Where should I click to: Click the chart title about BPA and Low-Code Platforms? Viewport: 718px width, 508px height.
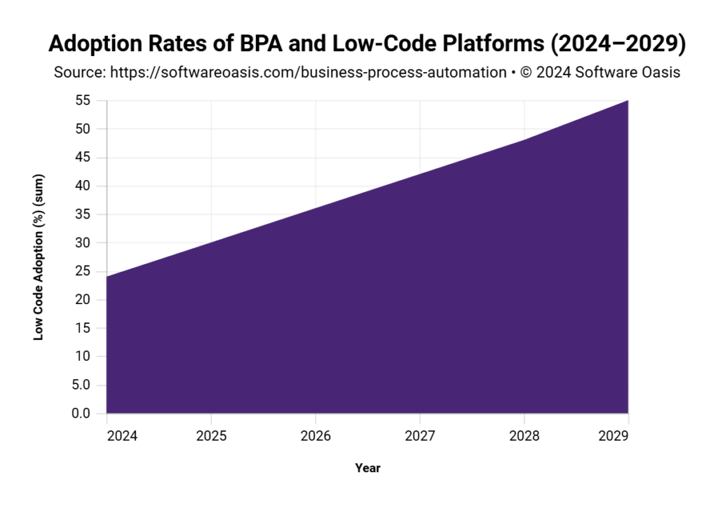[x=367, y=43]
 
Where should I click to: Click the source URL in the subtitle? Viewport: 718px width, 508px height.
[x=308, y=72]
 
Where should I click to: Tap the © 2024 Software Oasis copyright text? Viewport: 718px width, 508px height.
[x=600, y=72]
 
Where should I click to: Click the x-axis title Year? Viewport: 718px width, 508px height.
[x=367, y=467]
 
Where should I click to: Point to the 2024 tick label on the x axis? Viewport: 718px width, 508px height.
[x=107, y=436]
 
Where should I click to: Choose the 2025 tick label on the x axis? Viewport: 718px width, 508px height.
[x=211, y=436]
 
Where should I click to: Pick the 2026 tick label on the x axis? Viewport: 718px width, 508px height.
[x=316, y=436]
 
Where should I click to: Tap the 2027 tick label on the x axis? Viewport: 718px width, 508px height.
[x=420, y=436]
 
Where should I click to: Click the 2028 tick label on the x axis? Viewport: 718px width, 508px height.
[x=524, y=436]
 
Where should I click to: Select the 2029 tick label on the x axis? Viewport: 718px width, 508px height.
[x=614, y=436]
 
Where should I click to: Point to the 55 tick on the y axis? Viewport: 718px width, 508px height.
[x=83, y=100]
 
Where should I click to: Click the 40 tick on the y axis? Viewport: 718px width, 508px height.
[x=83, y=186]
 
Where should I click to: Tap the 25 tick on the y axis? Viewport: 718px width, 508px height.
[x=83, y=271]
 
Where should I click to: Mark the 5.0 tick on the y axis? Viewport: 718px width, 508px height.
[x=81, y=385]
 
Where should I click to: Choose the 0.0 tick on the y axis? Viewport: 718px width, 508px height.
[x=81, y=413]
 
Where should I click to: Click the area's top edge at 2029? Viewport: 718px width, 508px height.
[x=628, y=101]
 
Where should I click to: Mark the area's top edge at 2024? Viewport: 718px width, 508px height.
[x=107, y=277]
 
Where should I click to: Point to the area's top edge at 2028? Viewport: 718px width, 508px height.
[x=524, y=140]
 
